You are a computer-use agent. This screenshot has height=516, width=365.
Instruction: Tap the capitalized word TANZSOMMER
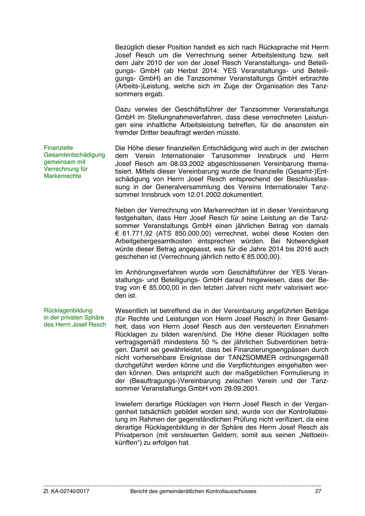252,357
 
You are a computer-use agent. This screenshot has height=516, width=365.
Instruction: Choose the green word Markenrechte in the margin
62,176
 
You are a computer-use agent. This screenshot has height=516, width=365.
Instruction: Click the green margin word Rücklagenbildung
68,310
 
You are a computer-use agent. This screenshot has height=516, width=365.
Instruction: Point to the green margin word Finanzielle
58,148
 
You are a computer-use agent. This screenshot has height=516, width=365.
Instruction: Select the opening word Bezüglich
129,47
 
